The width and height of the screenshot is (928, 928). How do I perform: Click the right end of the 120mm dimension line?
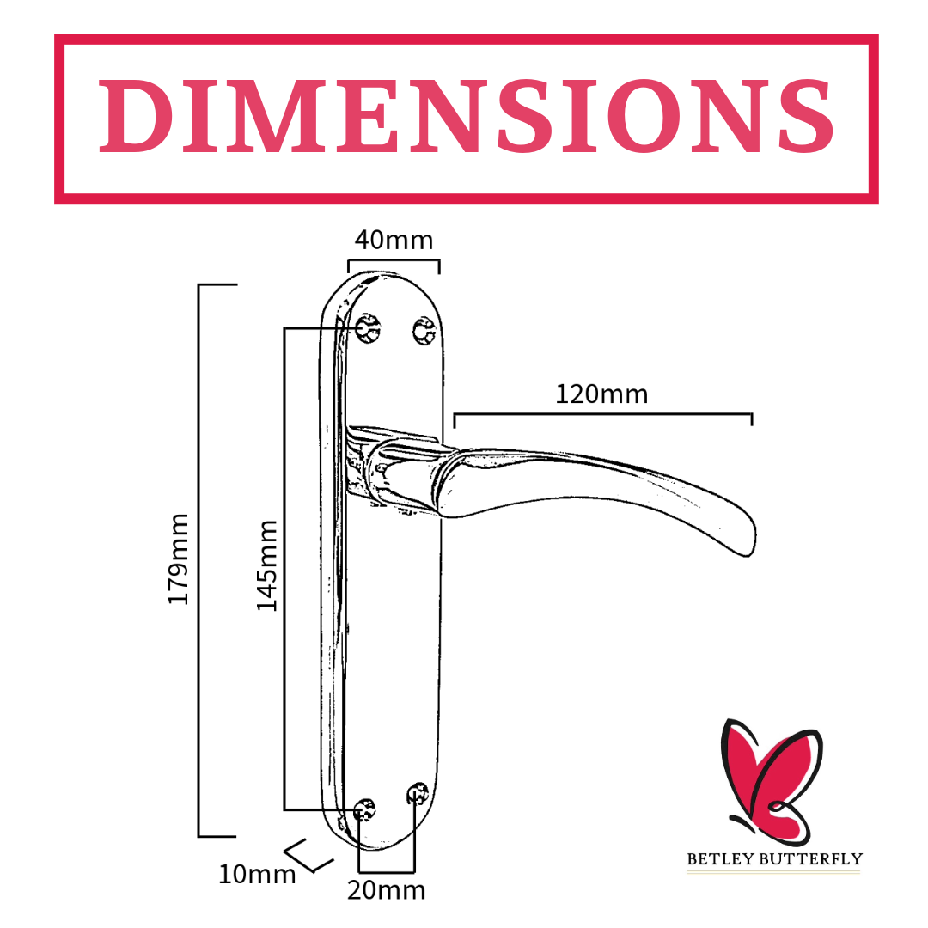752,414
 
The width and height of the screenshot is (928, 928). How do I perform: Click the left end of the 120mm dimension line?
455,414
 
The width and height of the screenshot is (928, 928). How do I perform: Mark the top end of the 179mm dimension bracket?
198,284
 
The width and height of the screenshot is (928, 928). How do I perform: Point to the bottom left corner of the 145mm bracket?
284,809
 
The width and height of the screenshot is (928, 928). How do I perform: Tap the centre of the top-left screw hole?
368,329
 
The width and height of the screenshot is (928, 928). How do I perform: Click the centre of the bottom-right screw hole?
418,794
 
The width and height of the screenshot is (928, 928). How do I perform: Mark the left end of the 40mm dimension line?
349,260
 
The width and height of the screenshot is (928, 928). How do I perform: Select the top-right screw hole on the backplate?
424,332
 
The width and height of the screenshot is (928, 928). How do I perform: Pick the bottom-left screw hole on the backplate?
364,809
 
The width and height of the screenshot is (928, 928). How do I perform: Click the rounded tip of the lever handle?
750,541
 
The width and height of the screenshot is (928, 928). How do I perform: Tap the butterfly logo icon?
771,781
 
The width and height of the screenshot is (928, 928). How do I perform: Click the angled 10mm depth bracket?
308,856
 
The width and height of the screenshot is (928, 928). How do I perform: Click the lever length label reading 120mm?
601,394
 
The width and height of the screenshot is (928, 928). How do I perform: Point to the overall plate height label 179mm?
178,559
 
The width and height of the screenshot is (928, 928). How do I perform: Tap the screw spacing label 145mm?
266,565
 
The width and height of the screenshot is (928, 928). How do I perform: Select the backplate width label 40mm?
394,241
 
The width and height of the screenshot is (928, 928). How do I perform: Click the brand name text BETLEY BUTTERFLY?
775,858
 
